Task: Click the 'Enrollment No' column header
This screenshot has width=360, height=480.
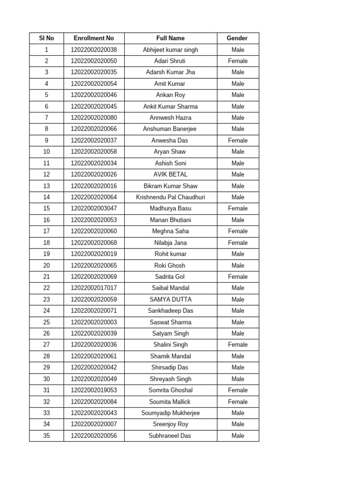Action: (x=94, y=38)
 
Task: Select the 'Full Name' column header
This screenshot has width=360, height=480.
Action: (x=171, y=38)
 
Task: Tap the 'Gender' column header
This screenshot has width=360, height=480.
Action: (x=237, y=38)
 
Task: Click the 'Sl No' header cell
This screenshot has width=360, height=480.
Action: (x=46, y=38)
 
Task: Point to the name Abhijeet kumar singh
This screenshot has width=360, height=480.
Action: (x=171, y=50)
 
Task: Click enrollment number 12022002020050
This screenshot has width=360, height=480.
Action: (x=94, y=61)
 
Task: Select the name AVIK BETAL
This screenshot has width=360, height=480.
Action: (x=171, y=174)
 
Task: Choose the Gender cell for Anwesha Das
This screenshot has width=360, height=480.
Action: (x=238, y=140)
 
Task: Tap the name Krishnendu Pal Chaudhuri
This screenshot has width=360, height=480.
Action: (x=171, y=197)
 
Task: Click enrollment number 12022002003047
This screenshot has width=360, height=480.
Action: (x=94, y=209)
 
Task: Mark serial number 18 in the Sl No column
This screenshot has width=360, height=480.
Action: (x=46, y=243)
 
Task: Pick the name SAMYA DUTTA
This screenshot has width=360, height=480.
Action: (x=171, y=300)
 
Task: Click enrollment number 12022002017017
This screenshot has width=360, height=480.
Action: (x=94, y=288)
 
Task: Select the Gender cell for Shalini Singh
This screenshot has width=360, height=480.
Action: (x=238, y=345)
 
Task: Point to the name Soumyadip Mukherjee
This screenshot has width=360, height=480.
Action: (x=171, y=413)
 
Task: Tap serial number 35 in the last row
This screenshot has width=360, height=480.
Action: (x=46, y=435)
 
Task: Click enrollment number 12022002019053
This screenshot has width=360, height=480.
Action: (x=94, y=390)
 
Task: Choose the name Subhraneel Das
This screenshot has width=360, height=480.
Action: (x=171, y=435)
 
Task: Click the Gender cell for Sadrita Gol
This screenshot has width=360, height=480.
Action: (x=238, y=277)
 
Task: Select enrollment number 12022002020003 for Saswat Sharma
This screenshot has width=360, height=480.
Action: (x=94, y=322)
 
